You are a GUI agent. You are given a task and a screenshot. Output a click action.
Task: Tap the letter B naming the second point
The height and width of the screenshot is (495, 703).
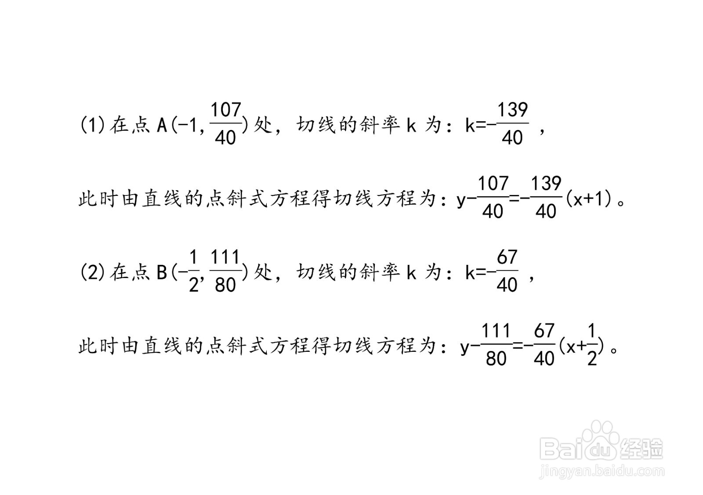[162, 272]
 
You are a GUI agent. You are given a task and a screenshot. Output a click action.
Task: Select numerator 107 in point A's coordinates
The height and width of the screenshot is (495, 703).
[226, 110]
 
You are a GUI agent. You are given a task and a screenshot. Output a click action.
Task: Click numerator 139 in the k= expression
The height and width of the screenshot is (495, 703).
[513, 110]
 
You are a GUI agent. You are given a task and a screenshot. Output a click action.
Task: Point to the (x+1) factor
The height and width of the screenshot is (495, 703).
[591, 199]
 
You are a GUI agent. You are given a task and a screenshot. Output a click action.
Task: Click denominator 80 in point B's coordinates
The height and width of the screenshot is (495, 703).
[225, 285]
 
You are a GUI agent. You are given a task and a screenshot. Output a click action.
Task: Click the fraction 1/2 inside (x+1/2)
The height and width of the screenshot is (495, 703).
[591, 345]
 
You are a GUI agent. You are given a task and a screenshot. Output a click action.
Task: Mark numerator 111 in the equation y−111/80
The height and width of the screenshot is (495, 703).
[496, 330]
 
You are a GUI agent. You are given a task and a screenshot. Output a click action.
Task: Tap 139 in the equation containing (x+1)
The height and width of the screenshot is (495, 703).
[547, 184]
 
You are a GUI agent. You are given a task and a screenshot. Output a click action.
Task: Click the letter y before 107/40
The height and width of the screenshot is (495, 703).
[461, 201]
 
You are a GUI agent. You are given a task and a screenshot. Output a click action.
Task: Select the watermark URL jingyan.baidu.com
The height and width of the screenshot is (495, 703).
[602, 471]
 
